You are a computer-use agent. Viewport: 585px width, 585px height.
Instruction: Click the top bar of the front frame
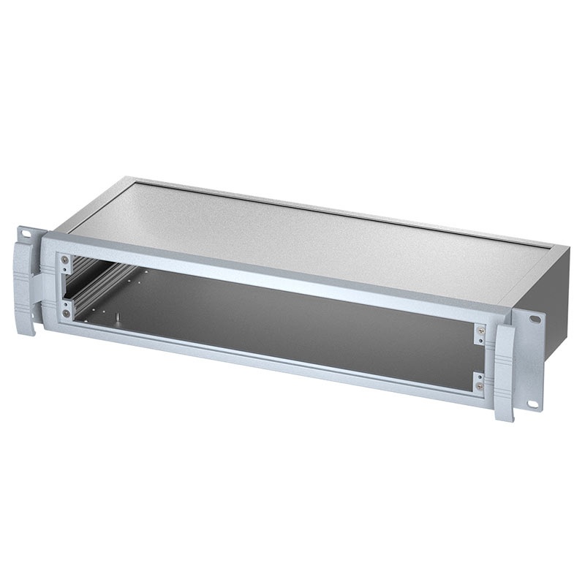click(278, 273)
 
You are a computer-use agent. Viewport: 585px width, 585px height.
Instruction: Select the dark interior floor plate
click(292, 314)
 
